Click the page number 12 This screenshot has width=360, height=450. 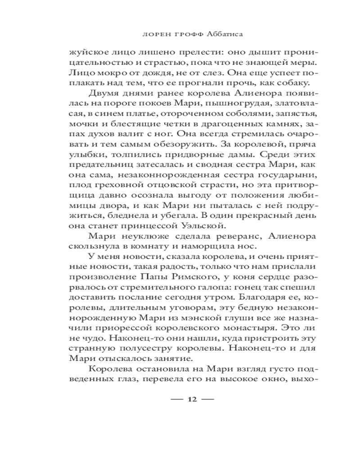click(x=192, y=400)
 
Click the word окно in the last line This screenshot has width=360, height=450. click(x=273, y=379)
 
